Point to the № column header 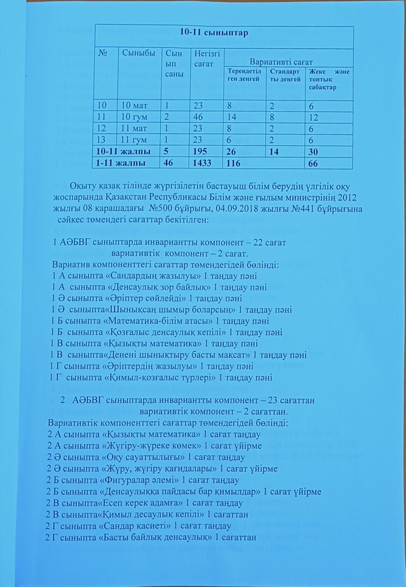pyautogui.click(x=103, y=53)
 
